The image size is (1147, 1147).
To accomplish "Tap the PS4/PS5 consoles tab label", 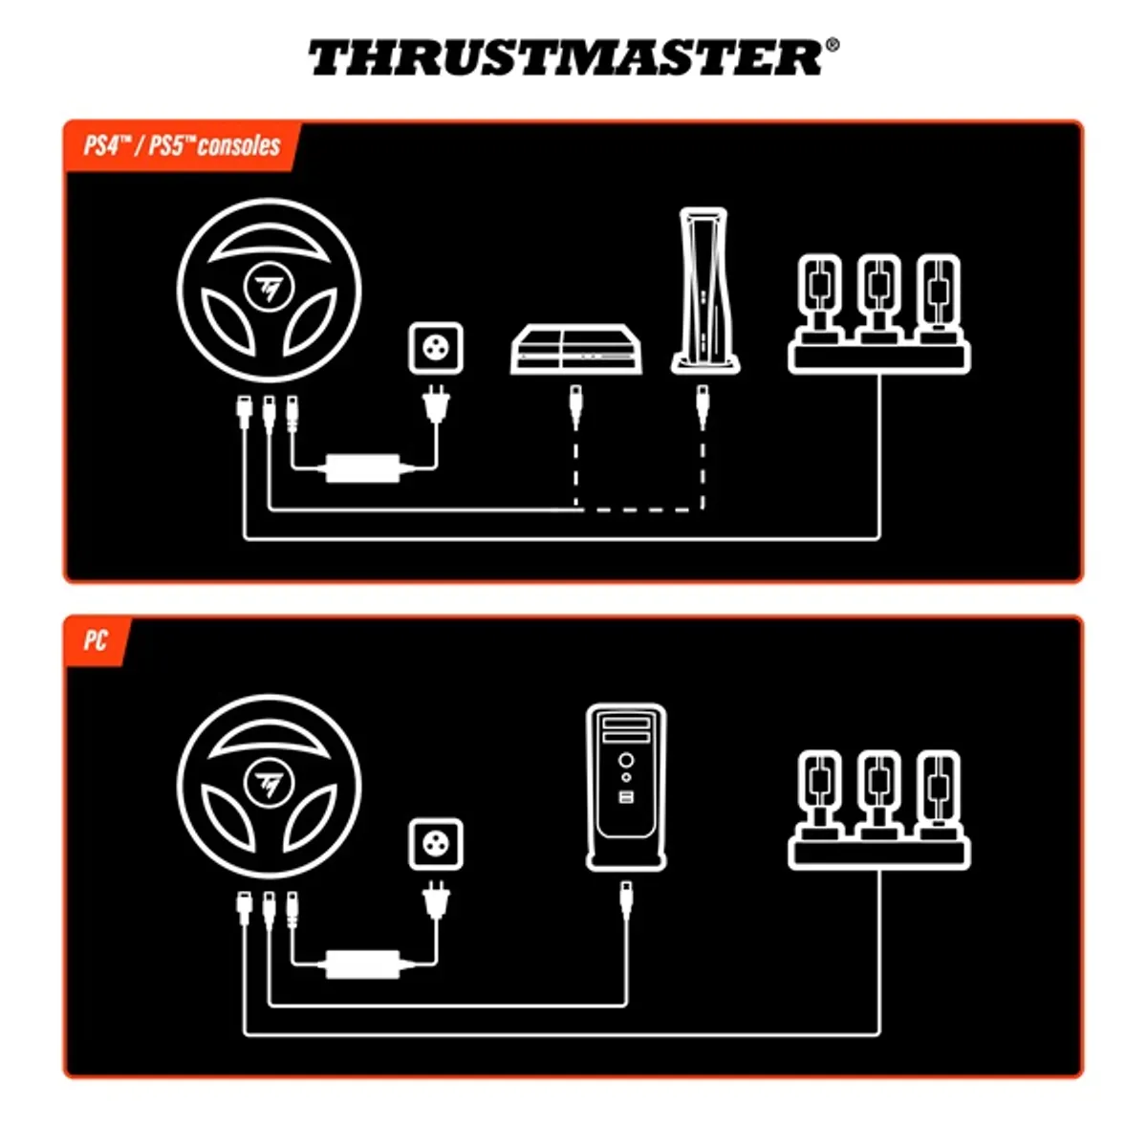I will (x=182, y=146).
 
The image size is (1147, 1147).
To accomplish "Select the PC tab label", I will (x=95, y=639).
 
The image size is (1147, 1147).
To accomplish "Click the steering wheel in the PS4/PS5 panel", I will (x=269, y=289).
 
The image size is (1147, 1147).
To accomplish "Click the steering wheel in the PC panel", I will (x=269, y=785).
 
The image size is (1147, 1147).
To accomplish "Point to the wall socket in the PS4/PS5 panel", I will (x=436, y=348).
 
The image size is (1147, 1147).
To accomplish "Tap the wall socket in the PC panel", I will (x=436, y=844).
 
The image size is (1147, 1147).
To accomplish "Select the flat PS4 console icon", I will (x=576, y=350).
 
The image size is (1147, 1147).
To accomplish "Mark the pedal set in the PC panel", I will (x=879, y=808).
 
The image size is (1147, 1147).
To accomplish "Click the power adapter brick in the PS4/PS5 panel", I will (x=363, y=468).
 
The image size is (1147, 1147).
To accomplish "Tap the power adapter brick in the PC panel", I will (x=363, y=963).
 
